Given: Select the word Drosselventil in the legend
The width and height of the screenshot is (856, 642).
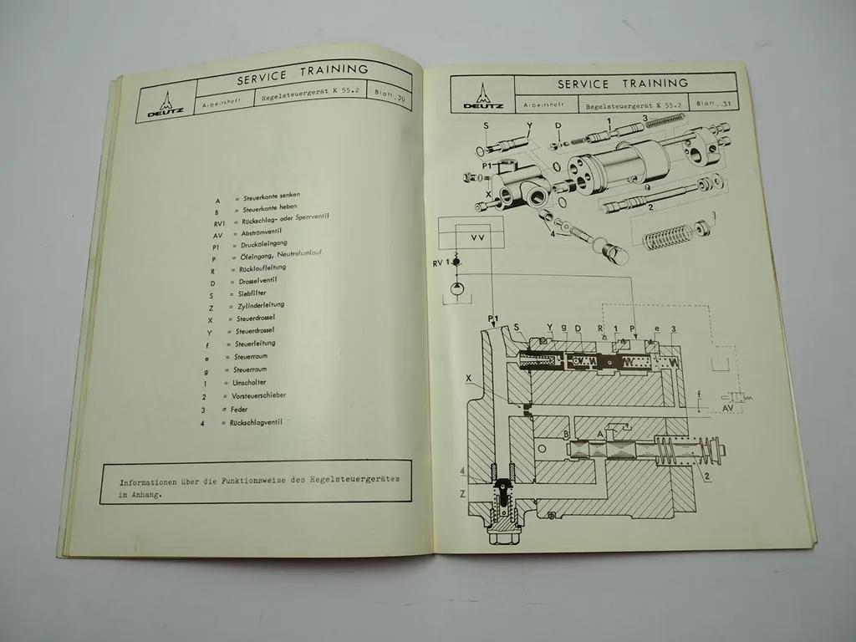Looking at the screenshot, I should [262, 283].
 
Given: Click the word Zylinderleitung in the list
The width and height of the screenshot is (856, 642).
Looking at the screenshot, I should [264, 308].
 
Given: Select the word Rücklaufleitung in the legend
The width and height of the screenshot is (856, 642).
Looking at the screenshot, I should [261, 269].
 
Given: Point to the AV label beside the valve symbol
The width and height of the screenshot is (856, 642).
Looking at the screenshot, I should [726, 410].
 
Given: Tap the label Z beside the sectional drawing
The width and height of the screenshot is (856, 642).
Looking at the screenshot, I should [462, 495].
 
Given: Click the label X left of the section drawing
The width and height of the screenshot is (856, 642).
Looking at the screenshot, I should [470, 378].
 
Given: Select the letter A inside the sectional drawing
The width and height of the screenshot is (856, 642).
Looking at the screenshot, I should [600, 436].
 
